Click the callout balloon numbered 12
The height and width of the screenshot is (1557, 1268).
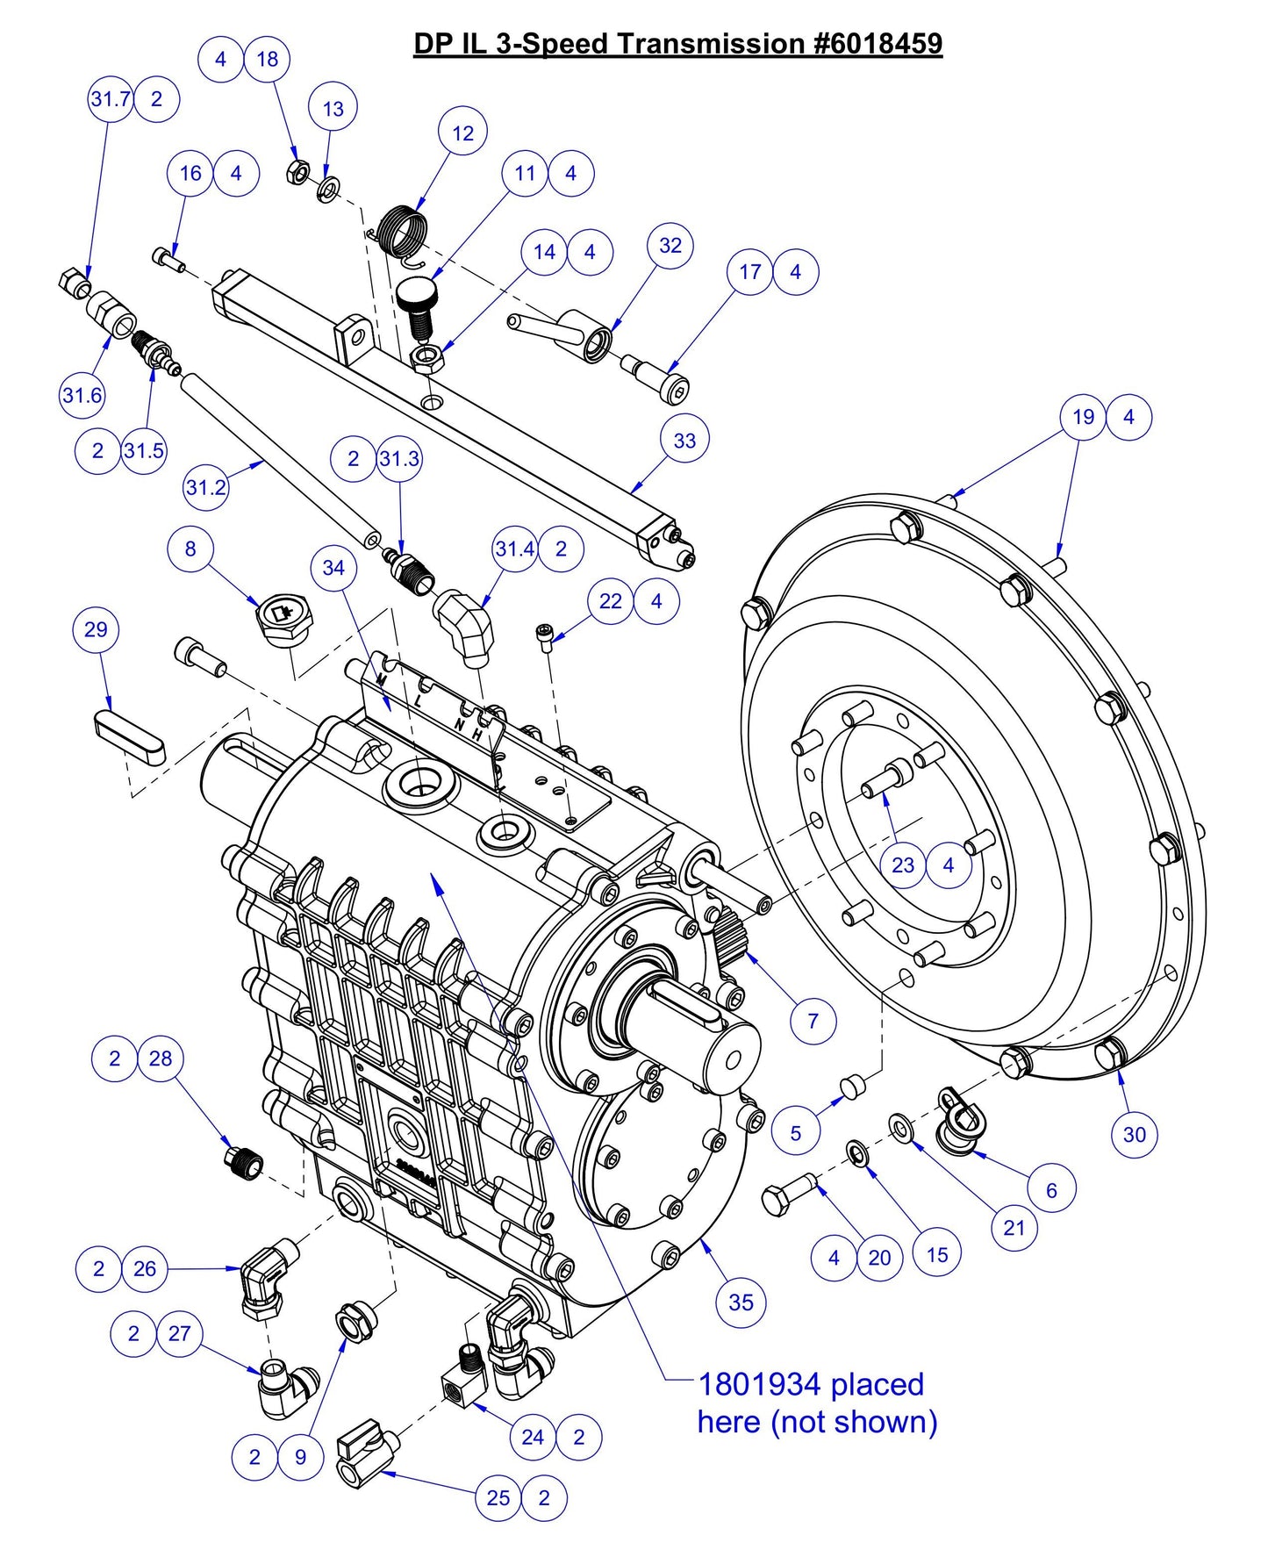462,133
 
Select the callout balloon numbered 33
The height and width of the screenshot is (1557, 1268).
684,440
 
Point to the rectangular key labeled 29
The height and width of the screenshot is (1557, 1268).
129,738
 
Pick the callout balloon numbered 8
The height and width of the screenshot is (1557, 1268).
190,549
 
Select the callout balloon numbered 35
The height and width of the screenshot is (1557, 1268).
741,1302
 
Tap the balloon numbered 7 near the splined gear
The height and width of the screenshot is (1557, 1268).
813,1021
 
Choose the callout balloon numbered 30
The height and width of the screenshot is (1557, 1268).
1134,1135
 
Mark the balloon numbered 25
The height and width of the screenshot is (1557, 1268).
498,1497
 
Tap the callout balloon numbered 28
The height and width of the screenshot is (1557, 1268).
161,1058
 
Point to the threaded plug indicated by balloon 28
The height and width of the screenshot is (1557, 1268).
243,1164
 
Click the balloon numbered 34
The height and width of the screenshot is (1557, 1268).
333,568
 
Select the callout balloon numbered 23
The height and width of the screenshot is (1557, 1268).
903,865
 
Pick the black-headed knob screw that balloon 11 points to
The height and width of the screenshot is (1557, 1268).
419,304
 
